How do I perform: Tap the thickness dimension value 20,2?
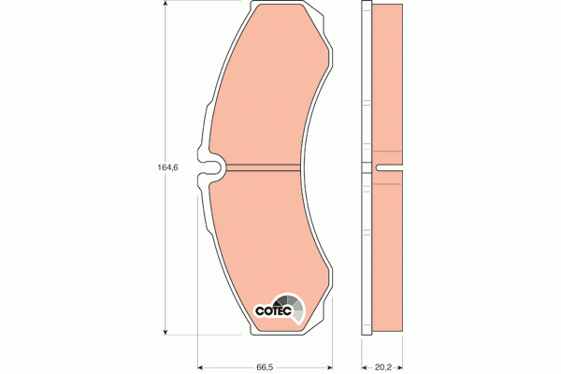[381, 366]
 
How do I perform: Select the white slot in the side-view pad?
[389, 169]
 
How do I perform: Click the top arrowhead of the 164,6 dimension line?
[167, 7]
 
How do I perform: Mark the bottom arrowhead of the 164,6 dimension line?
[167, 330]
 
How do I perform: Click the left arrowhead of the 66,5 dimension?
[201, 366]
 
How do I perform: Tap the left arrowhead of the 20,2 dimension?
[364, 366]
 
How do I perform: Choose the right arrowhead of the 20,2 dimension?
[401, 366]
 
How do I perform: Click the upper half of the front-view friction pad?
[266, 93]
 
